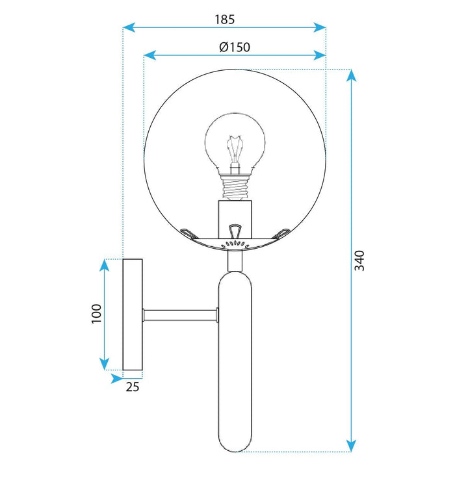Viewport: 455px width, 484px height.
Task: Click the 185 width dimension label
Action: click(x=224, y=19)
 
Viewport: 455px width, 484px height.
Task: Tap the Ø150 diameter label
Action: click(x=234, y=47)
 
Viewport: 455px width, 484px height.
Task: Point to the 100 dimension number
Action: click(x=96, y=314)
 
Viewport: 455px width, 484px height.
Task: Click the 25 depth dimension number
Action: click(x=132, y=387)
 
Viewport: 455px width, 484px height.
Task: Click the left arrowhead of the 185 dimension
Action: click(x=129, y=27)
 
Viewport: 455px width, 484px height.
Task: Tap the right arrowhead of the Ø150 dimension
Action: click(x=320, y=55)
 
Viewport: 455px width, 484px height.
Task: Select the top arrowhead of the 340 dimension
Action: click(x=352, y=75)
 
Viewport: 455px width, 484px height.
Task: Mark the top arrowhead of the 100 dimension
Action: click(x=104, y=264)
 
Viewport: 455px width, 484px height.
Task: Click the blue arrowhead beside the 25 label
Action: click(x=116, y=377)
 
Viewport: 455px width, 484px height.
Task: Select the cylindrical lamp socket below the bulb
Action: click(x=235, y=218)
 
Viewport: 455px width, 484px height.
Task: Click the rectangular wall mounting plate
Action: click(x=133, y=314)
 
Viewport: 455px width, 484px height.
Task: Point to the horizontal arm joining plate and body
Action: click(x=179, y=315)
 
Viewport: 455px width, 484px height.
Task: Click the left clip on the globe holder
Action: click(x=188, y=231)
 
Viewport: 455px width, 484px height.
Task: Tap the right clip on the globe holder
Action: click(x=281, y=231)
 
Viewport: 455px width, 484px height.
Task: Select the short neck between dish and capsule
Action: click(x=235, y=260)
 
